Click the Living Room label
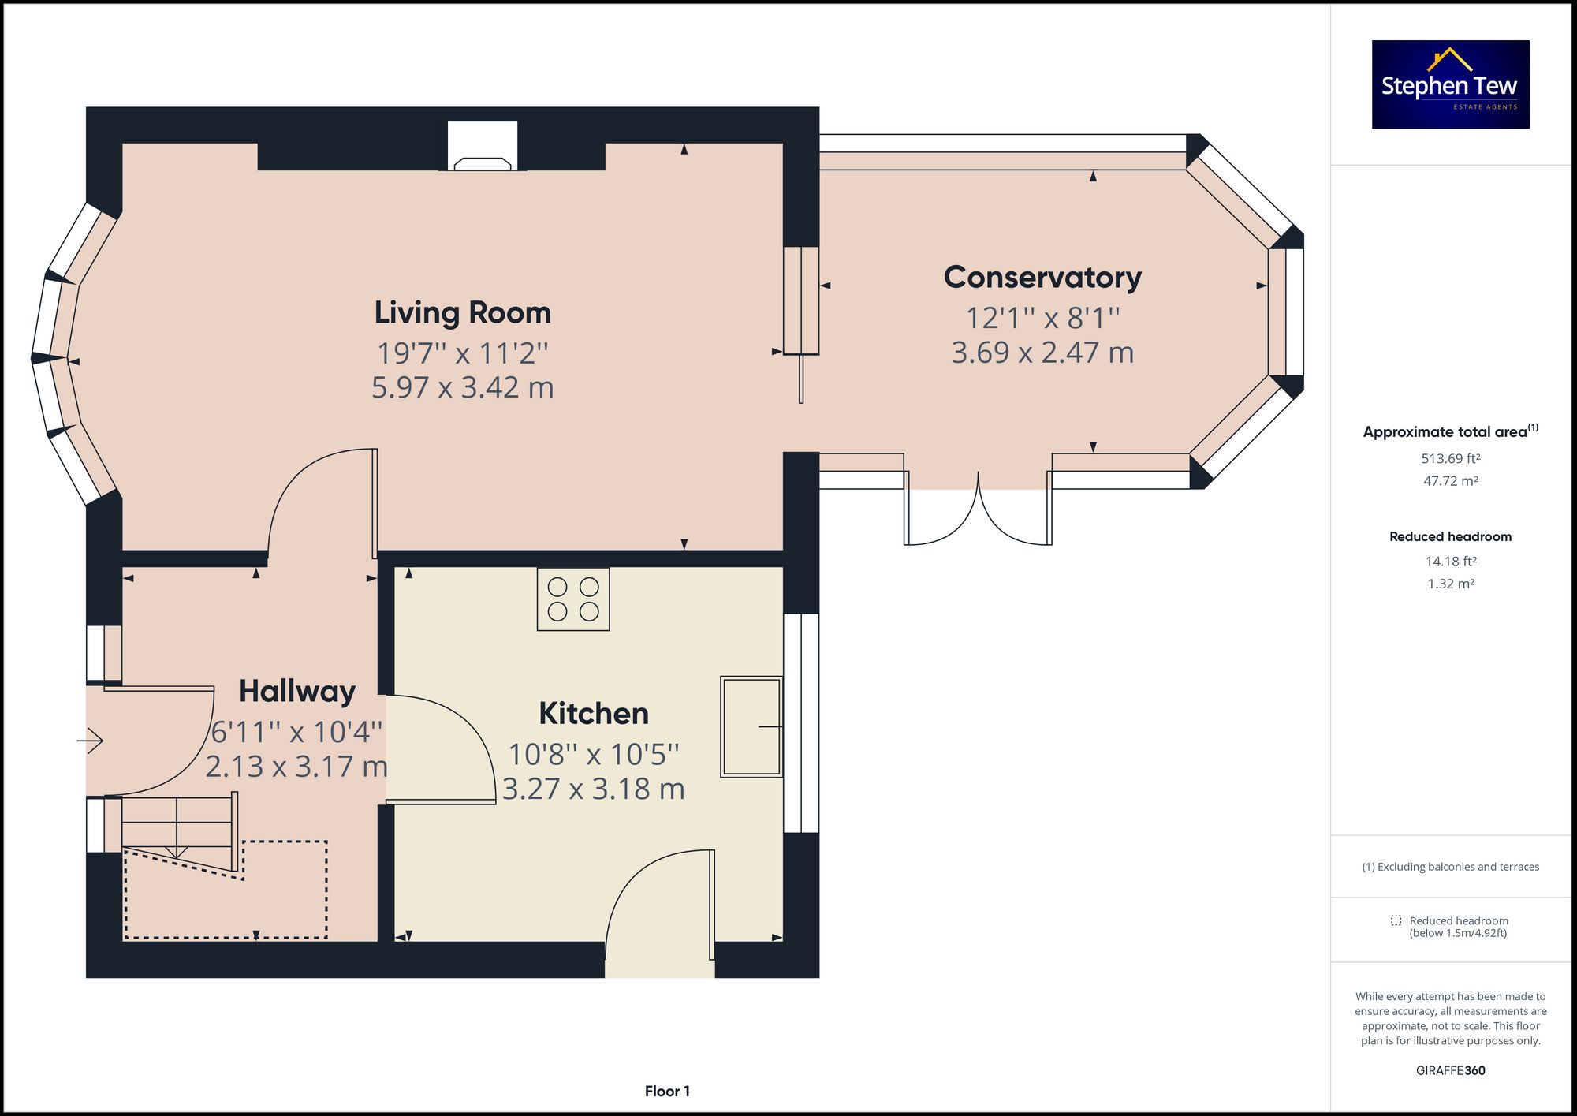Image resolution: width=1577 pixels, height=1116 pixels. (462, 312)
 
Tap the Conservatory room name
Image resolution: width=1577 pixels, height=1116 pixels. (1042, 278)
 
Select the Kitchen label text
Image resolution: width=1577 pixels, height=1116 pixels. (594, 714)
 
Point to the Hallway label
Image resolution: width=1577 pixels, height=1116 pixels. (297, 692)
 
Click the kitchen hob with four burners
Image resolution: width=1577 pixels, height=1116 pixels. (573, 599)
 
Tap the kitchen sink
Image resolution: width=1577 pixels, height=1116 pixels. (751, 726)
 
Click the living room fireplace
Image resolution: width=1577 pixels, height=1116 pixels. (483, 146)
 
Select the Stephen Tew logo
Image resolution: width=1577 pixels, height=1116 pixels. (1451, 84)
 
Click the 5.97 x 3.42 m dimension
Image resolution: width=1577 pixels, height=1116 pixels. (463, 387)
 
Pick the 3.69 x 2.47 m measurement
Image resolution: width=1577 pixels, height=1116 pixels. (1042, 353)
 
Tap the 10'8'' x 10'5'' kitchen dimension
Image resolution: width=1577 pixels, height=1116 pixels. (594, 755)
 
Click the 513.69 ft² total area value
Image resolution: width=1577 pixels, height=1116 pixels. (1451, 458)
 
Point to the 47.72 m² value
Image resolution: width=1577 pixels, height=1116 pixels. (1451, 480)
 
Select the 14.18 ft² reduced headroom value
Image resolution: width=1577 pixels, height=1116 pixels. (1451, 562)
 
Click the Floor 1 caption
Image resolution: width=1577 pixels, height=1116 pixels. (667, 1092)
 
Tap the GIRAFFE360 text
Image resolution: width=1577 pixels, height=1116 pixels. (1451, 1070)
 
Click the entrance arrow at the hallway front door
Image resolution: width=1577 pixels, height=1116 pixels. (90, 741)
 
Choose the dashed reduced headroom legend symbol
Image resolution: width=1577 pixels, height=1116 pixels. (1396, 920)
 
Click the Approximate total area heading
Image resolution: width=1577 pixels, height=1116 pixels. (1451, 431)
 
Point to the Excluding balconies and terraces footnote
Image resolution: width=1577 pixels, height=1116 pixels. (1451, 867)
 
